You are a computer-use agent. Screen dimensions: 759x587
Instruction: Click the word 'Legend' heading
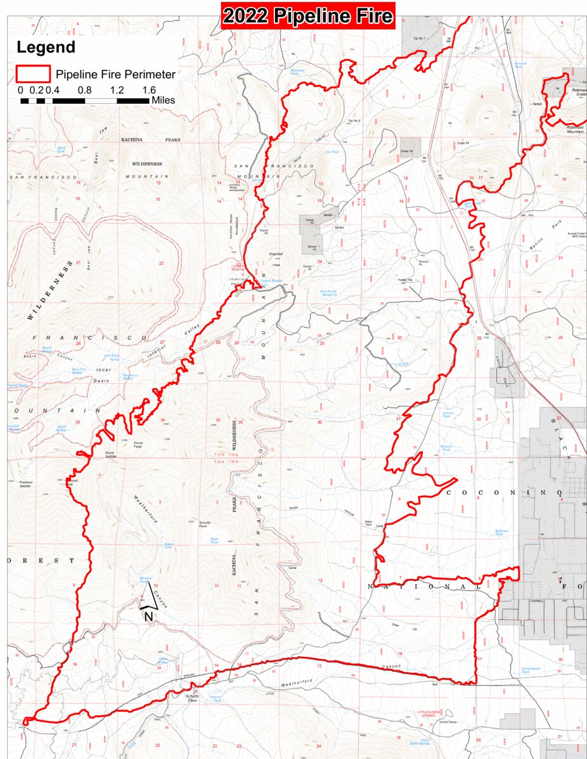[46, 47]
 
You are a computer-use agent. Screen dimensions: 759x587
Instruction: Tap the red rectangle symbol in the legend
[33, 74]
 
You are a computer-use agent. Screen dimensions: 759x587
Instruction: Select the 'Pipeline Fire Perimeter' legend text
[115, 75]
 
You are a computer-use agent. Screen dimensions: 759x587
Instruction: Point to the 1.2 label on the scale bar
[117, 90]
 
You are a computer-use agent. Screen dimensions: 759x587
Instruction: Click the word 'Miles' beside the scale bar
[164, 100]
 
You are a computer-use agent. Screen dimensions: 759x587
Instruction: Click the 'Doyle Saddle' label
[110, 453]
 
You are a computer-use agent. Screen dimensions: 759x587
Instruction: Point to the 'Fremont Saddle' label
[26, 484]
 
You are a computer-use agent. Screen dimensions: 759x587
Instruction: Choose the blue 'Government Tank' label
[531, 670]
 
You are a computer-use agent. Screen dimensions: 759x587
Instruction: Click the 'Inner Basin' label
[103, 374]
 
